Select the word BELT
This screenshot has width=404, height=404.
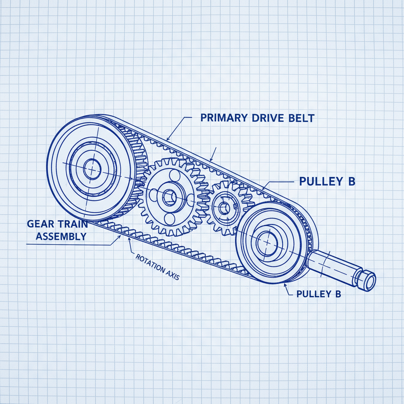301,118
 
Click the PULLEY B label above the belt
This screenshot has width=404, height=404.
327,181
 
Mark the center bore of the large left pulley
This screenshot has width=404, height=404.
92,170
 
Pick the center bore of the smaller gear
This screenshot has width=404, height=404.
225,209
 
